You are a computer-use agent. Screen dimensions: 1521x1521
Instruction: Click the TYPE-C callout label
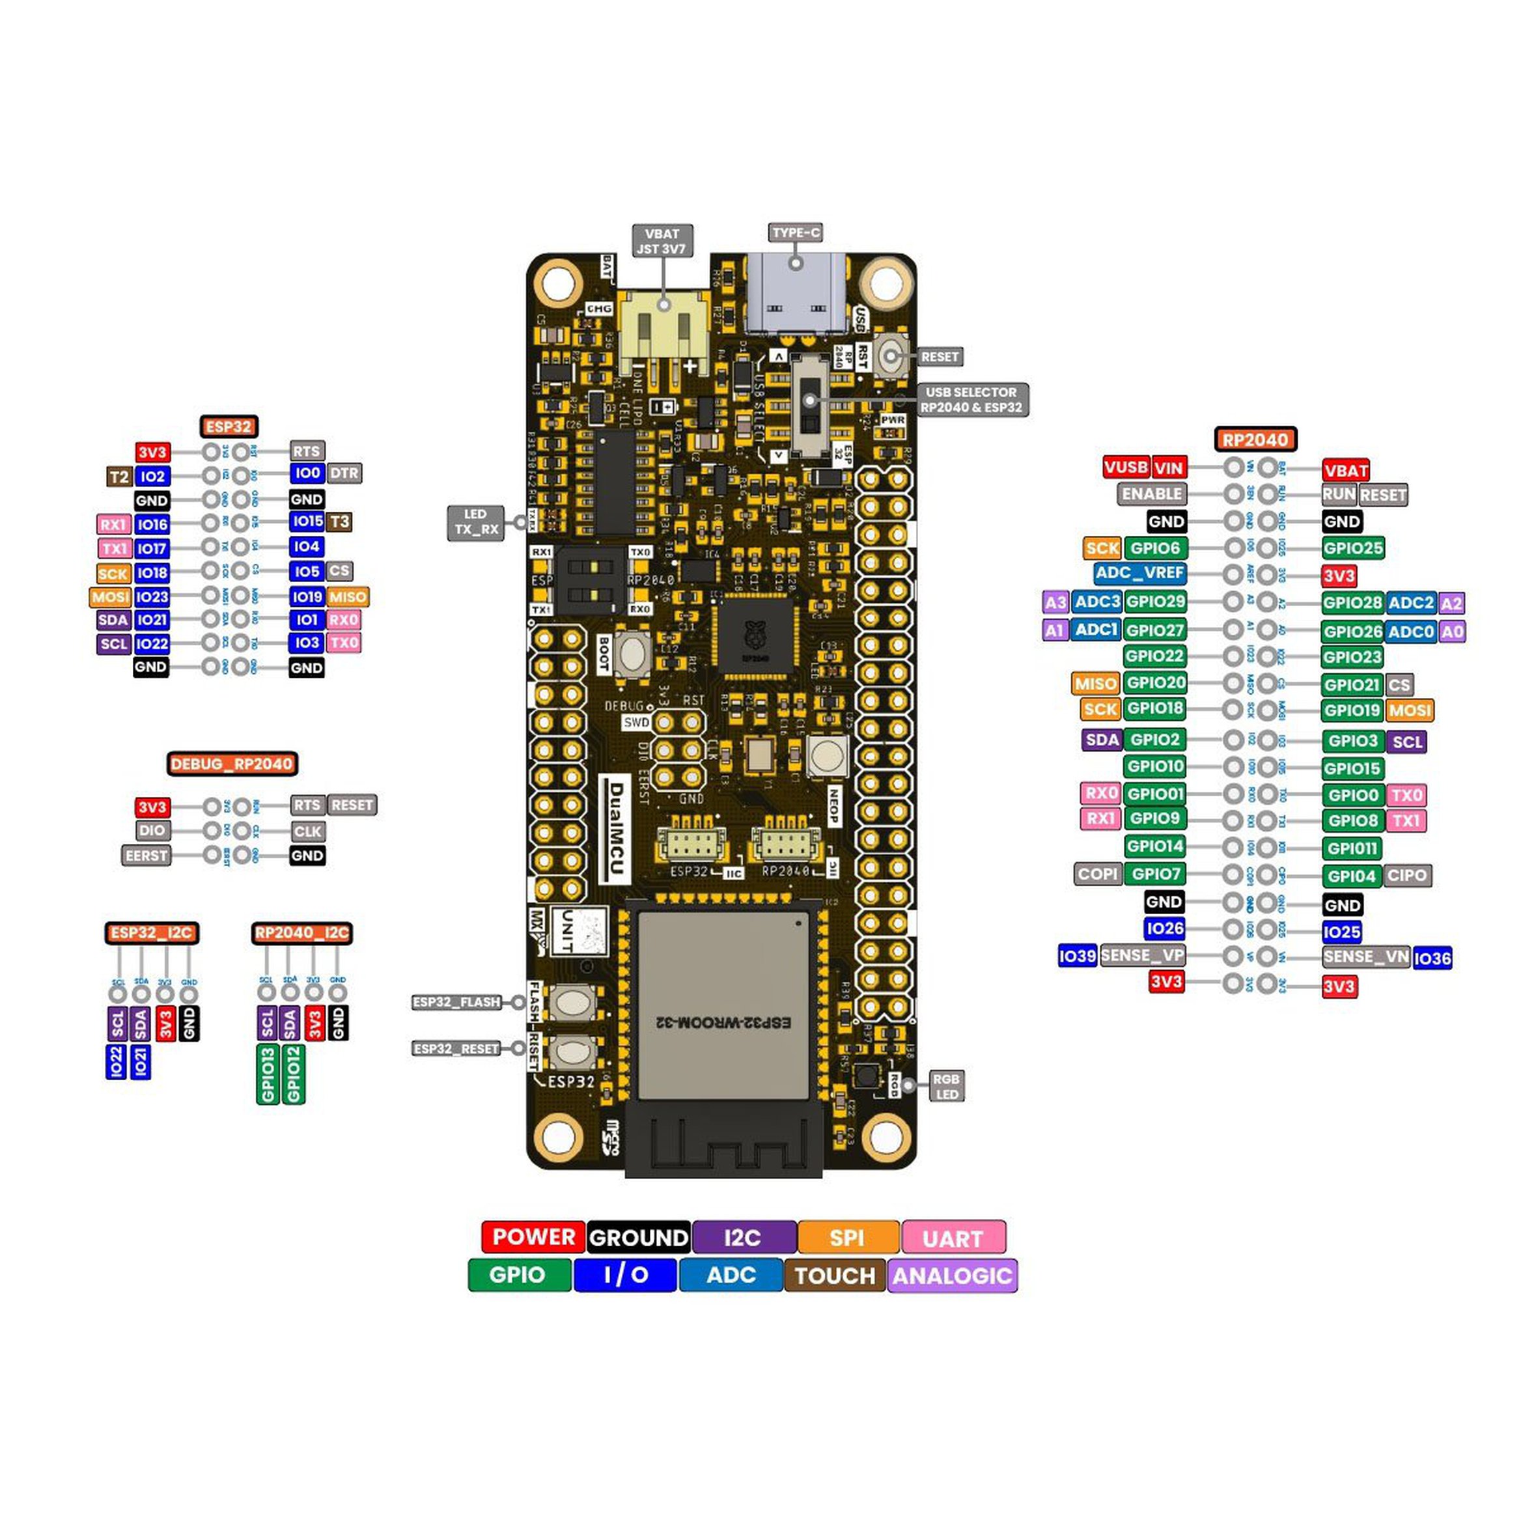pyautogui.click(x=795, y=232)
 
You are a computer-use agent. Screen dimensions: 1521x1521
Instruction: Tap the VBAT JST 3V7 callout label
pyautogui.click(x=662, y=242)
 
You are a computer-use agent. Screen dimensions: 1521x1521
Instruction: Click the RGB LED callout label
pyautogui.click(x=945, y=1087)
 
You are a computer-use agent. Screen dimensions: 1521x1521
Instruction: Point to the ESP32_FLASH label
pyautogui.click(x=456, y=1002)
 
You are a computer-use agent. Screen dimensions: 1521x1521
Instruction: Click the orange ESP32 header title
pyautogui.click(x=229, y=426)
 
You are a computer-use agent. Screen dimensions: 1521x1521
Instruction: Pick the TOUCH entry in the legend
pyautogui.click(x=835, y=1276)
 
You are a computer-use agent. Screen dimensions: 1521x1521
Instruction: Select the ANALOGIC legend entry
pyautogui.click(x=952, y=1276)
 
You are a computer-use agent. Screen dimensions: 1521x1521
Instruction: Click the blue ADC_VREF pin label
pyautogui.click(x=1139, y=573)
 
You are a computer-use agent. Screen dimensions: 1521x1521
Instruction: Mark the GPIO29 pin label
pyautogui.click(x=1155, y=602)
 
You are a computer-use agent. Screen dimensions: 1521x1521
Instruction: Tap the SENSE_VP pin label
pyautogui.click(x=1141, y=956)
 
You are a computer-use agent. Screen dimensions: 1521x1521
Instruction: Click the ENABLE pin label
pyautogui.click(x=1152, y=494)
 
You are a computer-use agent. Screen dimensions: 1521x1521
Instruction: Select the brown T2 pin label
pyautogui.click(x=119, y=477)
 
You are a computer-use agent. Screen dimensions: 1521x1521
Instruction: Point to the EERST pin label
pyautogui.click(x=147, y=856)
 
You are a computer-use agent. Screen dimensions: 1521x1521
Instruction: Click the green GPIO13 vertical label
pyautogui.click(x=268, y=1074)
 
